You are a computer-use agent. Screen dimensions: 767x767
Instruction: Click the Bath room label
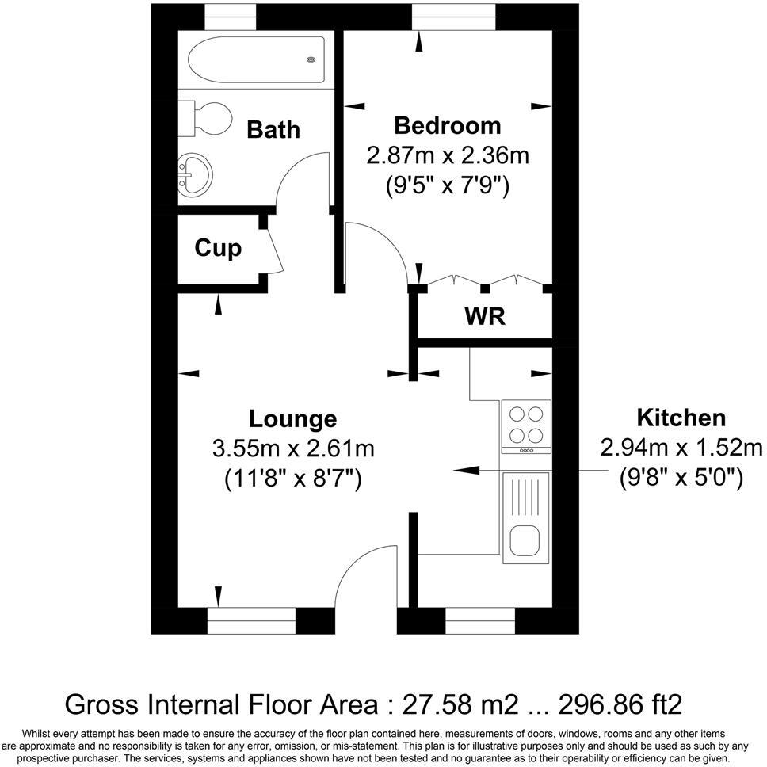click(x=273, y=129)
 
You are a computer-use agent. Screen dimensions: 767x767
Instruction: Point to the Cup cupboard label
click(x=218, y=249)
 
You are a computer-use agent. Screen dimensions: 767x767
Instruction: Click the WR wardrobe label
click(x=484, y=317)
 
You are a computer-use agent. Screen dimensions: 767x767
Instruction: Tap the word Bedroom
click(x=448, y=125)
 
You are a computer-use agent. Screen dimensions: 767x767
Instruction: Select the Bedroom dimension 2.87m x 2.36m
click(x=448, y=155)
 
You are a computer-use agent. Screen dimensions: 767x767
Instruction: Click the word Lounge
click(x=292, y=418)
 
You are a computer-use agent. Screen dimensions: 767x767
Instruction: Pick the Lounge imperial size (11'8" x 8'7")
click(x=292, y=479)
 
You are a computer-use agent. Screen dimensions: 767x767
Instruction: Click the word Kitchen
click(x=681, y=418)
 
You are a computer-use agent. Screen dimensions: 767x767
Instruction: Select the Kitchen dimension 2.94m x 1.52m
click(x=681, y=448)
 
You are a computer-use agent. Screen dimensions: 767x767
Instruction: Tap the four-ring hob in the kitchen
click(x=526, y=425)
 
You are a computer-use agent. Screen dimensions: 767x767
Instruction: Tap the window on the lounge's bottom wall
click(x=251, y=621)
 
